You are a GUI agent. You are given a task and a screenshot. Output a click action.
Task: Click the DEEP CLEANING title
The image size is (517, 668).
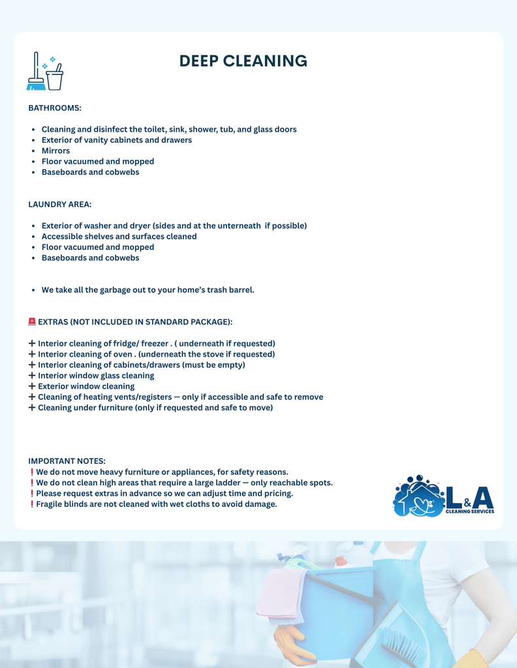(243, 61)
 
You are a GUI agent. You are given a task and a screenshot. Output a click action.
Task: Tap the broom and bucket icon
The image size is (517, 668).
(45, 71)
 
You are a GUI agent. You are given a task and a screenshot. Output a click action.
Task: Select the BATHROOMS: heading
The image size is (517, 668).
(55, 107)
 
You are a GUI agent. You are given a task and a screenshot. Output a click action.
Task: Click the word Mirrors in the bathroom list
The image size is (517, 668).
(55, 151)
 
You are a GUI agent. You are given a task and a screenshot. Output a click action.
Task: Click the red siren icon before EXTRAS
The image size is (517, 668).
(32, 322)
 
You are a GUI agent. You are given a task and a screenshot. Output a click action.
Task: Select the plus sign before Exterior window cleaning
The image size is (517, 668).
(32, 386)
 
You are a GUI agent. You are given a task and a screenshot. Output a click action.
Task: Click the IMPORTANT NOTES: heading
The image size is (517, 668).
(67, 461)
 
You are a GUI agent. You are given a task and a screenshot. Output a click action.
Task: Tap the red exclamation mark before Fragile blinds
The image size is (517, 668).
(32, 504)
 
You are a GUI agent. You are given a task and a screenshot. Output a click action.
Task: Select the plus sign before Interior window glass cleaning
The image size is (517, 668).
(32, 376)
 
